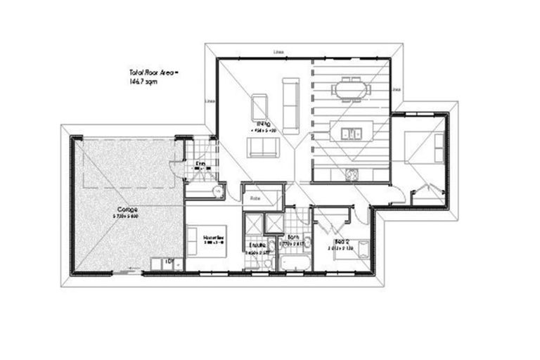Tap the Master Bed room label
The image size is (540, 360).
(212, 238)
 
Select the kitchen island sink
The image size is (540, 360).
(349, 131)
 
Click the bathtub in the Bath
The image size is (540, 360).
(295, 262)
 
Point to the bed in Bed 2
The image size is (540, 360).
(359, 252)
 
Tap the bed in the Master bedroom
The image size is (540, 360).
(206, 241)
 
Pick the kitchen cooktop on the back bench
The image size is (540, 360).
(349, 174)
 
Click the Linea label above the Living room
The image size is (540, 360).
(278, 52)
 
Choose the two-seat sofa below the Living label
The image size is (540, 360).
(260, 148)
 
